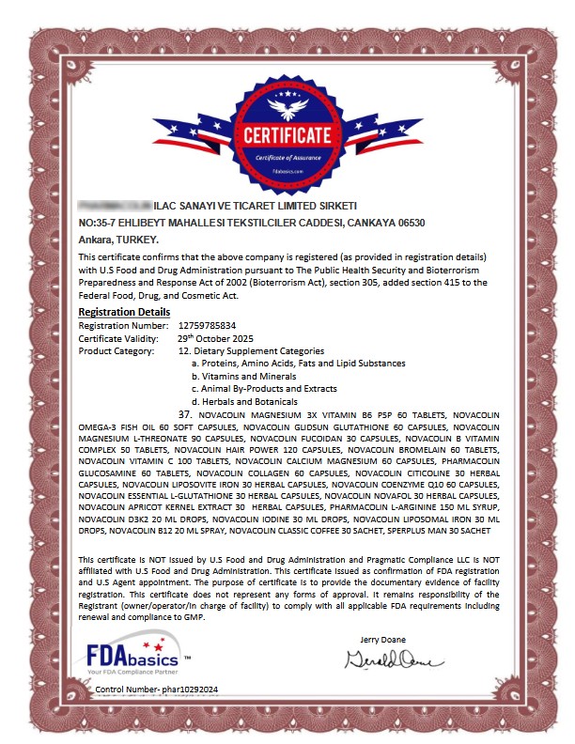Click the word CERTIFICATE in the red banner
coord(287,135)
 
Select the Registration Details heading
coord(124,312)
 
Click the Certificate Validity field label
coord(117,337)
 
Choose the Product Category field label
coord(116,350)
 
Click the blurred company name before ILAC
coord(114,205)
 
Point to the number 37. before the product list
coord(185,414)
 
